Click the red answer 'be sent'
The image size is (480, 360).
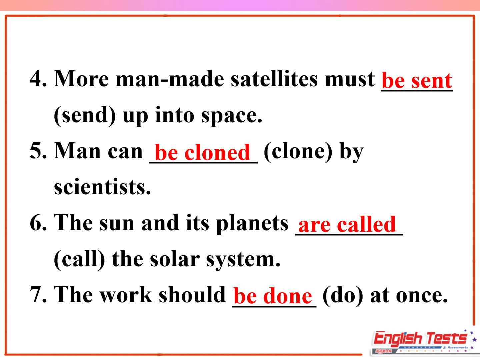(417, 80)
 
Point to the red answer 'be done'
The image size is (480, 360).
(273, 296)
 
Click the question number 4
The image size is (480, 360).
(38, 78)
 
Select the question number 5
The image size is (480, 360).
(38, 151)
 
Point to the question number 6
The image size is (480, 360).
(38, 223)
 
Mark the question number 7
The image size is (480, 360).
(38, 294)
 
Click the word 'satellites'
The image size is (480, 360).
(274, 78)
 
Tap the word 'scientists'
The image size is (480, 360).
(103, 186)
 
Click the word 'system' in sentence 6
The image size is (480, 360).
(243, 260)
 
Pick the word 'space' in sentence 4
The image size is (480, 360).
(232, 116)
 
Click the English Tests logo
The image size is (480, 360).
(423, 342)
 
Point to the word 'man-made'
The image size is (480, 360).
(170, 78)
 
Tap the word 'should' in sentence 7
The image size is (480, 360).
(192, 294)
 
